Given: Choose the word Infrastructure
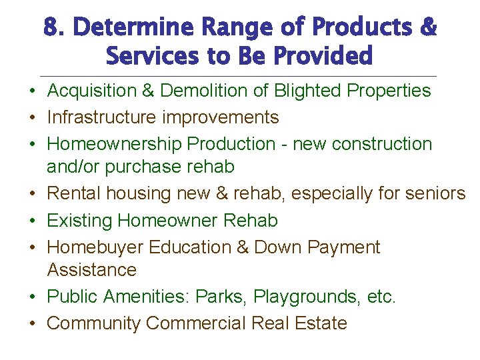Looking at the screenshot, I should pos(102,117).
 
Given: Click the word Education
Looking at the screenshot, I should pos(189,247).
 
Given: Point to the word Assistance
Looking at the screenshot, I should pos(91,270).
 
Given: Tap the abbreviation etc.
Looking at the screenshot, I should pos(381,297).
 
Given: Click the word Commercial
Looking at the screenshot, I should pos(195,323).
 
